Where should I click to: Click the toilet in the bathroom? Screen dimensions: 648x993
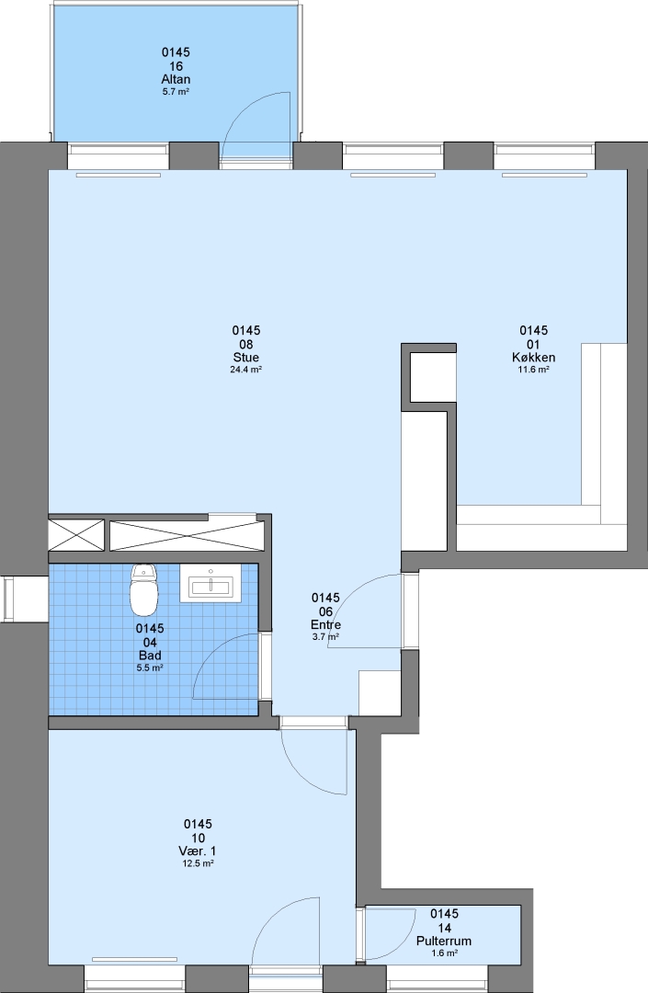(143, 589)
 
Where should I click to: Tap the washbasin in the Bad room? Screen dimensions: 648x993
(210, 583)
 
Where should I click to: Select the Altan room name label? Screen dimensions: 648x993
(176, 79)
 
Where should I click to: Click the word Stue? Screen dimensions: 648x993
(246, 357)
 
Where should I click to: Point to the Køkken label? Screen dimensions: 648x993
(533, 357)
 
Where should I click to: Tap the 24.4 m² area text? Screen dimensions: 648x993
(246, 370)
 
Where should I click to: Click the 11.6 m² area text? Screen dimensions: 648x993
(533, 370)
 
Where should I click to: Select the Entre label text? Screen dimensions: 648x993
(326, 625)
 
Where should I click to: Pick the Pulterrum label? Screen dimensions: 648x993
(444, 942)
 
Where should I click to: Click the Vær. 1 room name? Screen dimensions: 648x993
(198, 851)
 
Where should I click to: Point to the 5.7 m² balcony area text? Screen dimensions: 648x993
(176, 92)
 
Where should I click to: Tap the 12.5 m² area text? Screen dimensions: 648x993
(198, 863)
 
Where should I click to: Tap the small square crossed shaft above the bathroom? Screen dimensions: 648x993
(76, 535)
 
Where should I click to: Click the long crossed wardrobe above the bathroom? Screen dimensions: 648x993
(188, 536)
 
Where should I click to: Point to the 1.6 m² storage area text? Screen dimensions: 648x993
(444, 953)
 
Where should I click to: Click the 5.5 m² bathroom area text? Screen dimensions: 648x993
(150, 668)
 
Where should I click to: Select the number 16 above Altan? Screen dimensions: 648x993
(176, 66)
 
